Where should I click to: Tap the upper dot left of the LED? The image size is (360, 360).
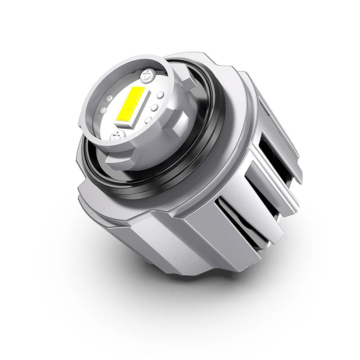110,97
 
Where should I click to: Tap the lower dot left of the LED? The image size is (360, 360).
103,110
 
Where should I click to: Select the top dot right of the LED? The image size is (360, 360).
160,95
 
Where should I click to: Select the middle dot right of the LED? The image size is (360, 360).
153,108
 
